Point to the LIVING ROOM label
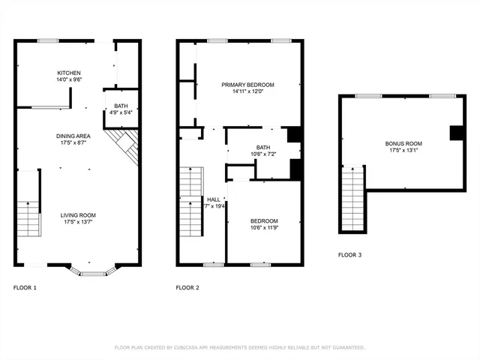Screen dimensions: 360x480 [x=78, y=214]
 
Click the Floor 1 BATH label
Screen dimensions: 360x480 [x=121, y=106]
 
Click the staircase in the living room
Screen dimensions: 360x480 [x=28, y=217]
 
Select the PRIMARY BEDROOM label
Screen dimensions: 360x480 [x=247, y=85]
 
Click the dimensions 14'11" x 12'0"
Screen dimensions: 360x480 [x=247, y=91]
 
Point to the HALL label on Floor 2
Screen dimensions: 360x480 [x=214, y=199]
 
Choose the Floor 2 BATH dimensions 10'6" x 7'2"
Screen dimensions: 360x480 [x=263, y=154]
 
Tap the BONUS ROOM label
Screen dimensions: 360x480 [x=403, y=143]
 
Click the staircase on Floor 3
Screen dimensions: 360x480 [x=352, y=199]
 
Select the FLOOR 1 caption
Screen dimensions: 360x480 [x=25, y=287]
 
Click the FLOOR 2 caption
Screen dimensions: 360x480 [x=187, y=287]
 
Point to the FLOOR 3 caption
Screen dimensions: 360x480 [x=349, y=255]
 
